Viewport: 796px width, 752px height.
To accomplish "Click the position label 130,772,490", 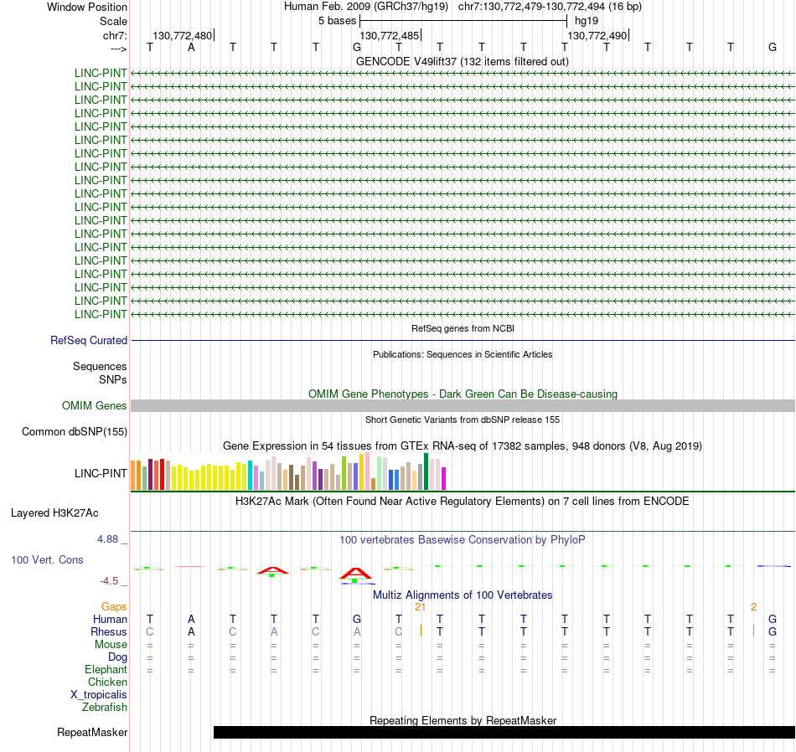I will pyautogui.click(x=597, y=35).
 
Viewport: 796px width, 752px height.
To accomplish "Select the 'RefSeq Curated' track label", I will pyautogui.click(x=89, y=341).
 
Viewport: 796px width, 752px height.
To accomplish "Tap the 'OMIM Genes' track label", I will pyautogui.click(x=95, y=406).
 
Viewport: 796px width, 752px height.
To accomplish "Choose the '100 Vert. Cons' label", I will pyautogui.click(x=47, y=559).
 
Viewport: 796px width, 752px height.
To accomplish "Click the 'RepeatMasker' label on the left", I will pyautogui.click(x=92, y=733).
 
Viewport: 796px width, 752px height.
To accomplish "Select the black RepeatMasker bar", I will pyautogui.click(x=504, y=733).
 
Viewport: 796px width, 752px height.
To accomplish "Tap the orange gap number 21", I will pyautogui.click(x=421, y=606).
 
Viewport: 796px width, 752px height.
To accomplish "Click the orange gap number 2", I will pyautogui.click(x=753, y=606).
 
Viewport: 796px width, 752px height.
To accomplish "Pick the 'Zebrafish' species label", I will pyautogui.click(x=105, y=708).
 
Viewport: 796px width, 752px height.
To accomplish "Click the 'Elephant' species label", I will pyautogui.click(x=106, y=670).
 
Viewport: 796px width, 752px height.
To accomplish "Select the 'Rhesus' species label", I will pyautogui.click(x=109, y=632).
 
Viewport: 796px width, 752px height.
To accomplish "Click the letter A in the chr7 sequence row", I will pyautogui.click(x=191, y=48).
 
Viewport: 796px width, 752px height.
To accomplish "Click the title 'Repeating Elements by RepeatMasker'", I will pyautogui.click(x=463, y=720).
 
